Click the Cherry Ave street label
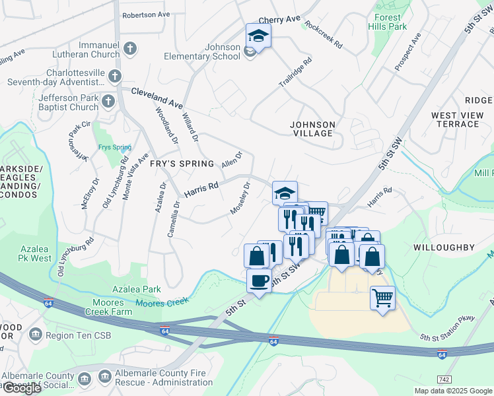point(279,20)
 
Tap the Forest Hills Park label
point(390,22)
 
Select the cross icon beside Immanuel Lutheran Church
point(130,48)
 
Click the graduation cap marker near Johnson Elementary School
point(258,37)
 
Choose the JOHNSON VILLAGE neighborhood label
point(312,129)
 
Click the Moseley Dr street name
point(240,198)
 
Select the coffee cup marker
point(259,281)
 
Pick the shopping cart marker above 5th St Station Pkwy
point(382,298)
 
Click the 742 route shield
point(445,379)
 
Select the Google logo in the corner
point(21,387)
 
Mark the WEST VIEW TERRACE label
point(458,119)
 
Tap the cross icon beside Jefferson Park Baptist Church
point(108,102)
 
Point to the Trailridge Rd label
point(295,75)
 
